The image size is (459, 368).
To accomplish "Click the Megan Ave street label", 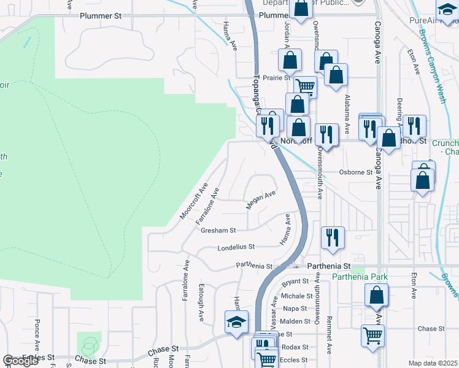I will tap(261, 200).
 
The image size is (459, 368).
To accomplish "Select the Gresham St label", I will tap(218, 231).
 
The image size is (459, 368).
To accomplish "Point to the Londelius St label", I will tap(236, 248).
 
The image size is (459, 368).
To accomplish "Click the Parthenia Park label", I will tap(360, 277).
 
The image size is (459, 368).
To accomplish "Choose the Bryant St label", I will tap(295, 282).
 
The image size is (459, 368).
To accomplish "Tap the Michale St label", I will tap(293, 296).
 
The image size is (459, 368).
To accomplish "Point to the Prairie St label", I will tap(276, 79).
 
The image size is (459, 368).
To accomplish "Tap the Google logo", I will tap(20, 361).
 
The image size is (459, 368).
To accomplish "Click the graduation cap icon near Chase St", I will tap(236, 322).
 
